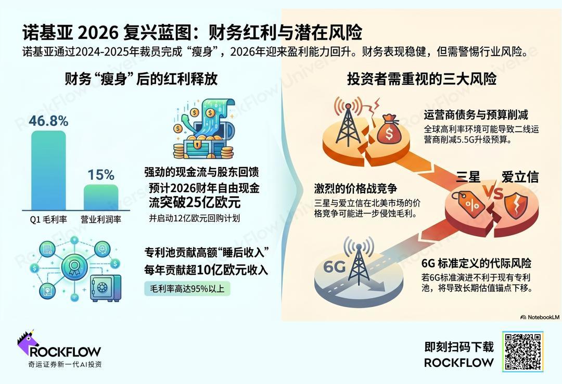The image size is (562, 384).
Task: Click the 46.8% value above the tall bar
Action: click(x=48, y=121)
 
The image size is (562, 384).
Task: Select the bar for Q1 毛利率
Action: click(x=48, y=170)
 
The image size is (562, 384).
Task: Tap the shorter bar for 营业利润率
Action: click(x=101, y=198)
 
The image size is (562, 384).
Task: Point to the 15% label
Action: click(x=101, y=175)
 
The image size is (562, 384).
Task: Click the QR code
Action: click(x=523, y=351)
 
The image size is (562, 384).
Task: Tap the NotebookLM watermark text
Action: click(x=540, y=317)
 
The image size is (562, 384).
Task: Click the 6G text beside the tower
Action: click(x=335, y=267)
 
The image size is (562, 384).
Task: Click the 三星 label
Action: click(x=468, y=177)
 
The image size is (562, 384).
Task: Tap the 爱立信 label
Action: click(x=520, y=177)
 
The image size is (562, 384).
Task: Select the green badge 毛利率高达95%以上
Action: click(x=187, y=289)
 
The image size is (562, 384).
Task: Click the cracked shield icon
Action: click(x=516, y=206)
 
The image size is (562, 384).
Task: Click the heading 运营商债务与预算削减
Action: click(x=476, y=115)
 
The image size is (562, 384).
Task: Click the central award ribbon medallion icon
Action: click(x=74, y=266)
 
